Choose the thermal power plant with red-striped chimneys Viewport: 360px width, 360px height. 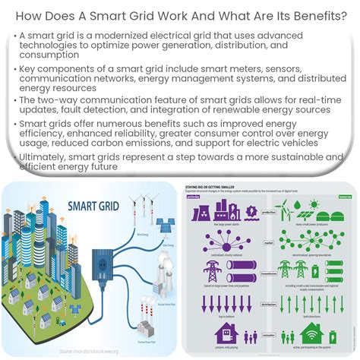click(151, 314)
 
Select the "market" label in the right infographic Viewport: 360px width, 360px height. click(268, 245)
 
